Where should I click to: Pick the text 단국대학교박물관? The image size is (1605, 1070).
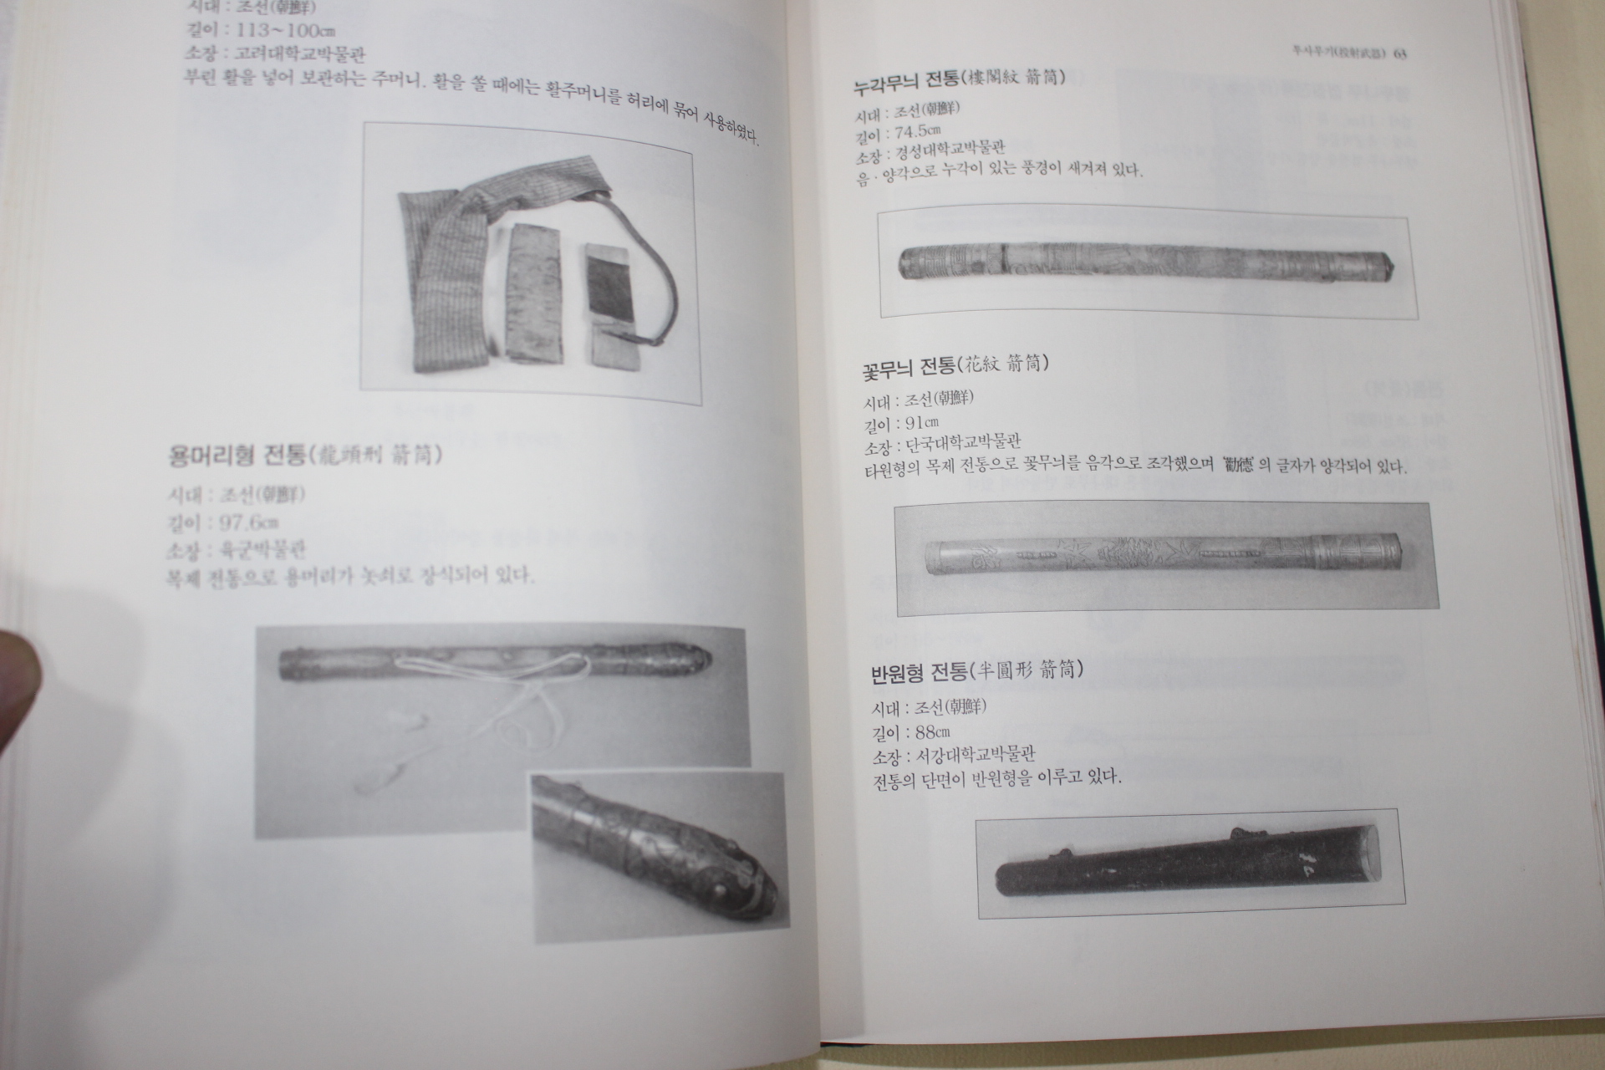[x=960, y=443]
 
